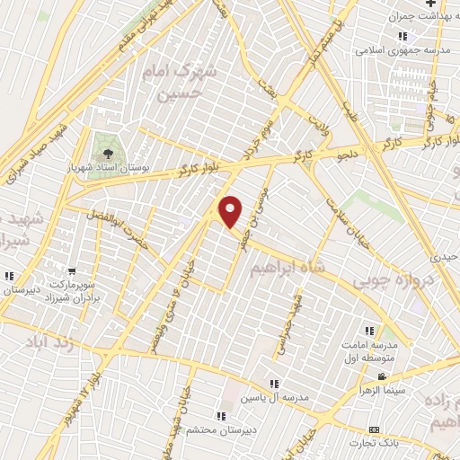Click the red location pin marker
click(231, 211)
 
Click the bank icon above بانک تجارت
click(374, 431)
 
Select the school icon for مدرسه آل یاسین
click(273, 383)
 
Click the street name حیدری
click(447, 257)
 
